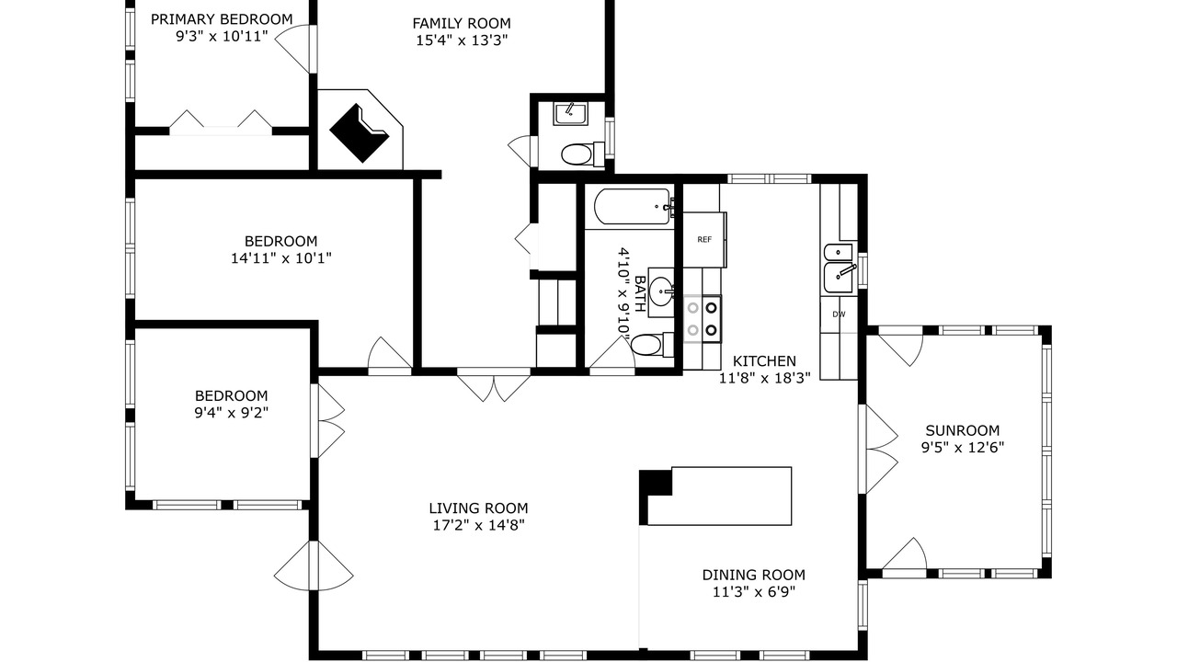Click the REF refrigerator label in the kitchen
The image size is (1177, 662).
[x=704, y=240]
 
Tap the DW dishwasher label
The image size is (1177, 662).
[x=840, y=314]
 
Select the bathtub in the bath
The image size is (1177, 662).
[x=634, y=207]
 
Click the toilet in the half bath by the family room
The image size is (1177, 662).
[x=583, y=154]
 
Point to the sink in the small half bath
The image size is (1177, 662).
[x=570, y=113]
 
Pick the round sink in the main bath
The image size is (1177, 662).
[x=661, y=291]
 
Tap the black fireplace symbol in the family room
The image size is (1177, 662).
[x=360, y=133]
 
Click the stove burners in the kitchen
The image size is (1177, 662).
[x=702, y=318]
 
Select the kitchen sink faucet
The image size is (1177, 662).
[x=845, y=270]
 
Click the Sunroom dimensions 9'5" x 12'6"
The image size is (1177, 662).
[x=962, y=448]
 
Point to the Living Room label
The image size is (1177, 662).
[x=478, y=508]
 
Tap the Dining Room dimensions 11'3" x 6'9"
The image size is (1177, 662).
[x=753, y=591]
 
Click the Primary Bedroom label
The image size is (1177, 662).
[x=222, y=19]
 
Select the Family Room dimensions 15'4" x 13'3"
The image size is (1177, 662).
[x=462, y=40]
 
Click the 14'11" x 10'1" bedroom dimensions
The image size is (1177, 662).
[x=281, y=258]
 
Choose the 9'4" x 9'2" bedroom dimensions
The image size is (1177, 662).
[x=231, y=413]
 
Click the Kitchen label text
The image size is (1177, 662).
[x=764, y=361]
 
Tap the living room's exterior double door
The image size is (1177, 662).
[x=314, y=565]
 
